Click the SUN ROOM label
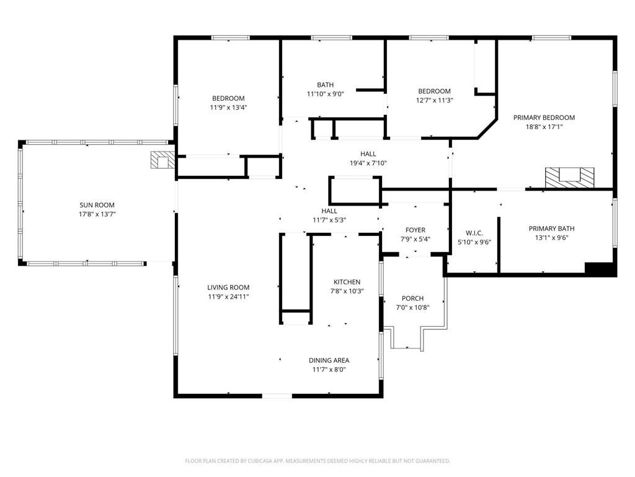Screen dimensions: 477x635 pos(97,205)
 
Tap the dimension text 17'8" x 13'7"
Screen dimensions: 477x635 pos(97,214)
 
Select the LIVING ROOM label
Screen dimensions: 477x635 pos(228,288)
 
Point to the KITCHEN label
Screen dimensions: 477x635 pos(346,282)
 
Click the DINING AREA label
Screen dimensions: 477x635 pos(329,360)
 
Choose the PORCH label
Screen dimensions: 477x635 pos(412,298)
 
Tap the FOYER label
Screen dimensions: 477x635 pos(415,230)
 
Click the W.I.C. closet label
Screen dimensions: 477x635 pos(474,233)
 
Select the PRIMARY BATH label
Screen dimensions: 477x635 pos(552,228)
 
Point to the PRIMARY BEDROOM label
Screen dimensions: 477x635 pos(544,117)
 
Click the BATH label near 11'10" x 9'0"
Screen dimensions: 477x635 pos(325,85)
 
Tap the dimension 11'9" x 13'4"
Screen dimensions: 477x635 pos(228,107)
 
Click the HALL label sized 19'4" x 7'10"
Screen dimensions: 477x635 pos(368,154)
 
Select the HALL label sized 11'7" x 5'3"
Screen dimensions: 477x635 pos(329,211)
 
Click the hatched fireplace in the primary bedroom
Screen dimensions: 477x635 pos(569,177)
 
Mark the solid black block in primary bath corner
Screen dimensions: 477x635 pos(600,269)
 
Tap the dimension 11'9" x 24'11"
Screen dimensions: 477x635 pos(228,297)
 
